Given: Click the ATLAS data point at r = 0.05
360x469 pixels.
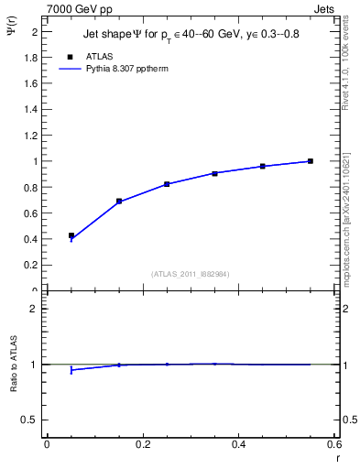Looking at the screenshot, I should [x=71, y=235].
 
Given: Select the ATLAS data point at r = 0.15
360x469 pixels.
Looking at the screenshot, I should [x=119, y=201].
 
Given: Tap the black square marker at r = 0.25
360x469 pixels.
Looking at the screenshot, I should [x=167, y=184].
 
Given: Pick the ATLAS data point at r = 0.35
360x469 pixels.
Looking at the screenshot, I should [x=214, y=173].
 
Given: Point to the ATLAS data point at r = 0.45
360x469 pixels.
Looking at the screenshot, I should [x=263, y=166].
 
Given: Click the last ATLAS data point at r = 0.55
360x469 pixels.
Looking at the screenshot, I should [x=311, y=161].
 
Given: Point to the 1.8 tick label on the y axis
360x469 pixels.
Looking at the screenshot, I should [x=32, y=57].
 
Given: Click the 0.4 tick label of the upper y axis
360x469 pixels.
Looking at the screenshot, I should [x=32, y=239].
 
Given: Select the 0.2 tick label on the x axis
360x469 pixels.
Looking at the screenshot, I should [x=142, y=444].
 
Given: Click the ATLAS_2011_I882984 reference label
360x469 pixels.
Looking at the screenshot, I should [x=191, y=273].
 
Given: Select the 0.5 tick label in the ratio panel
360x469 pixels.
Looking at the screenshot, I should [x=32, y=420].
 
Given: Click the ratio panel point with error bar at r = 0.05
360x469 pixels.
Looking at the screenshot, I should [x=71, y=370].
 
